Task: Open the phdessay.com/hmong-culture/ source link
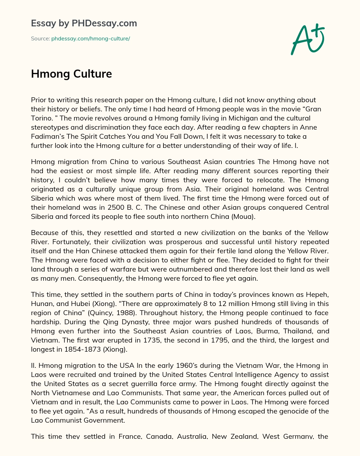click(90, 39)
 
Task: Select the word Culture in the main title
click(93, 74)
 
